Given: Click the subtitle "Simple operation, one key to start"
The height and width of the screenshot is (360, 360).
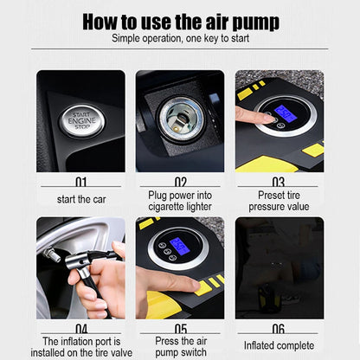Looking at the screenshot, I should coord(180,39).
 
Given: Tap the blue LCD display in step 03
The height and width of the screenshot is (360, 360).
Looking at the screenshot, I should coord(285,113).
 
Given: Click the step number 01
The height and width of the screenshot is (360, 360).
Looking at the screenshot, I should coord(80,183).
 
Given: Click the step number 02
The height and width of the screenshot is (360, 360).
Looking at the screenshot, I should coord(180,183).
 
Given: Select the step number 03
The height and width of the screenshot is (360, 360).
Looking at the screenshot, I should coord(279,183).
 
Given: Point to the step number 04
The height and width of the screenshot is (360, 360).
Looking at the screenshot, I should coord(80,329).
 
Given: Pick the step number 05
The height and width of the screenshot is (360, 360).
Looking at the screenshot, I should coord(180,329).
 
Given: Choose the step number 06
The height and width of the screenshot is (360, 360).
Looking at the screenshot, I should coord(279,329).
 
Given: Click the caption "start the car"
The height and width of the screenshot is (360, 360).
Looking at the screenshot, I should coord(80,199).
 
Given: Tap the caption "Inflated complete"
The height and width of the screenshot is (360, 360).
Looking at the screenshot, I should coord(279,345).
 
